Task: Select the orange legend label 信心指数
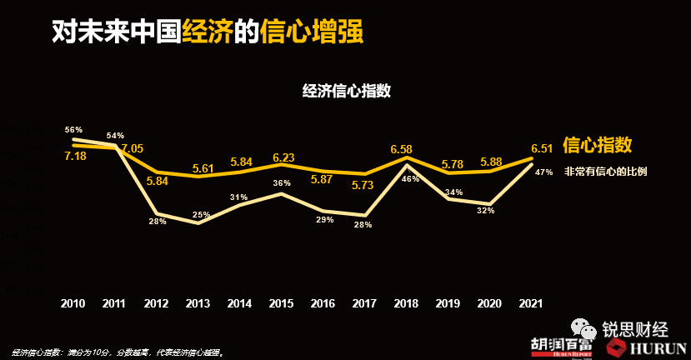pos(598,145)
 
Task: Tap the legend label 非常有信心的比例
pos(605,172)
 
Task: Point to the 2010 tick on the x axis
pos(73,303)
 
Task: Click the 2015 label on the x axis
pos(282,303)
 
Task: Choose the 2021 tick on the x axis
pos(530,303)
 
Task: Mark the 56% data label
pos(73,130)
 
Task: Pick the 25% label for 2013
pos(200,215)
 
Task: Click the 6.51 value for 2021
pos(542,148)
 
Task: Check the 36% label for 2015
pos(282,183)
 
